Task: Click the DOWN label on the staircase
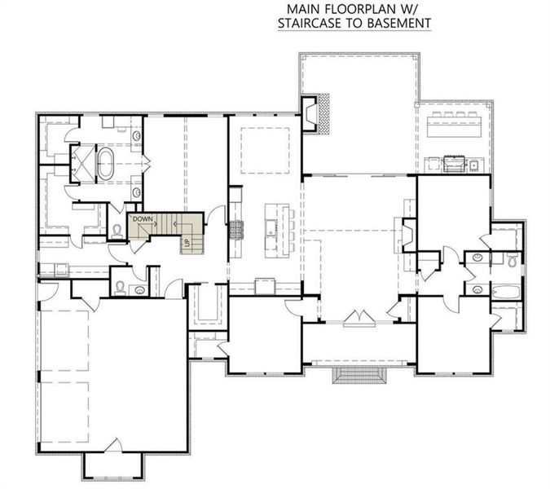pos(144,219)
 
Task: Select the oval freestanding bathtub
pos(108,162)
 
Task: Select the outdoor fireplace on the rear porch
pos(315,114)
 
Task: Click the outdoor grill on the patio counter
pos(451,165)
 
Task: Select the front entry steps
pos(359,377)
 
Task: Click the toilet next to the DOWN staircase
pos(117,230)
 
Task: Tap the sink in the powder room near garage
pos(139,289)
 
